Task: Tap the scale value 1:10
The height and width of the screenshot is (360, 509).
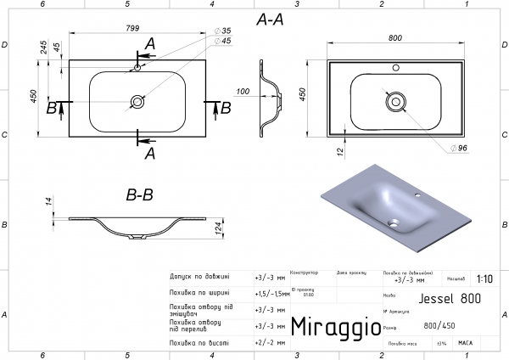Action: pos(484,278)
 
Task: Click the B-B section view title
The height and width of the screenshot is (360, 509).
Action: pos(139,195)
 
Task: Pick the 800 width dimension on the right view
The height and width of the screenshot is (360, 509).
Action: pos(394,38)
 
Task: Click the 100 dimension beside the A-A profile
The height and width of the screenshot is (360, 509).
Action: pos(243,91)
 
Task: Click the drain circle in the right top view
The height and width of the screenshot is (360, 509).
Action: pos(394,100)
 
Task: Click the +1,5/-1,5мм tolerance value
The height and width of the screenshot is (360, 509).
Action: pos(271,292)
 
